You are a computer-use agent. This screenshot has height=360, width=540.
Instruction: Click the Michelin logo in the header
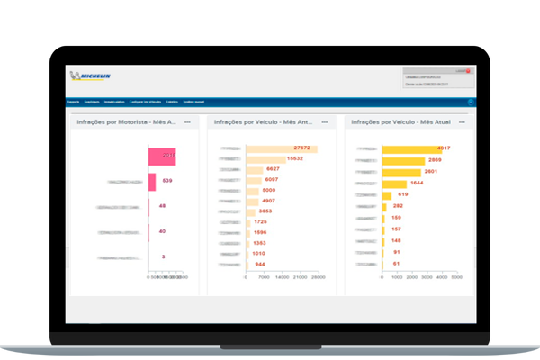tap(90, 76)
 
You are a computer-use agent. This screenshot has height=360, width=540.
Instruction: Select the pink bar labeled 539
tap(152, 182)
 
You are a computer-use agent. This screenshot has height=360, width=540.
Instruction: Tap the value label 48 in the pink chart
tap(162, 206)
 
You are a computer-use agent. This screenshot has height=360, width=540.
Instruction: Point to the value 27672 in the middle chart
tap(301, 148)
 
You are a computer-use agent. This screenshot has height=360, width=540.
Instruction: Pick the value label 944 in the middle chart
tap(260, 265)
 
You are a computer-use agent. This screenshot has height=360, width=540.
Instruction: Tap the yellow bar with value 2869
tap(403, 160)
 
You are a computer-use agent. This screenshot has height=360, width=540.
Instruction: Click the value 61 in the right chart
tap(395, 264)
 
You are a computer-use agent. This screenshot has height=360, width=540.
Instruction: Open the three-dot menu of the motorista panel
tap(187, 121)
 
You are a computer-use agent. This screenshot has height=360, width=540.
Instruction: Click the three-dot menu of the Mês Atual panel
tap(463, 121)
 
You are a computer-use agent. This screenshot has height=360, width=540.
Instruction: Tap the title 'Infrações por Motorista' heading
tap(127, 121)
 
